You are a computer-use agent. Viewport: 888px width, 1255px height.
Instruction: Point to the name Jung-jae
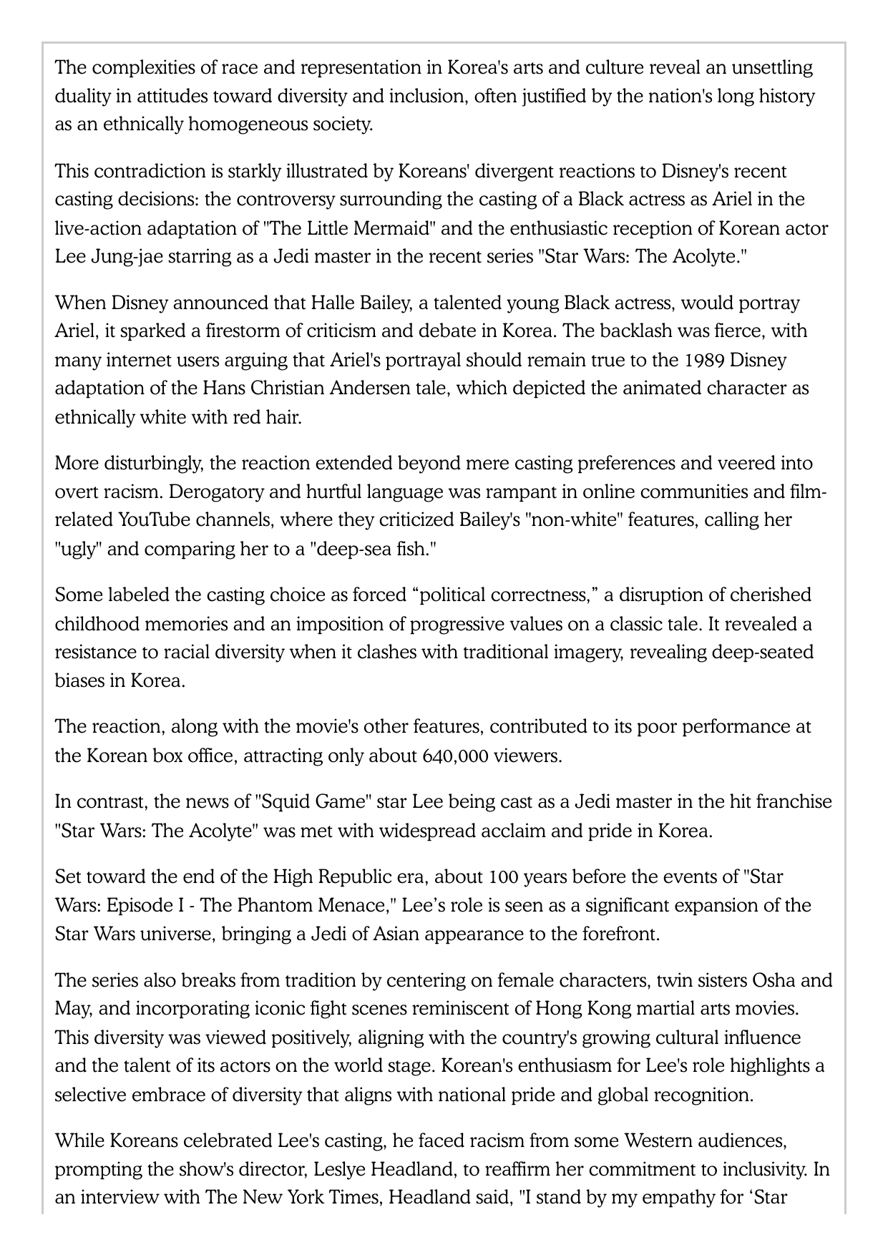coord(125,257)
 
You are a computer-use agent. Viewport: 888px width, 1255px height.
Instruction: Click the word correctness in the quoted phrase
coord(547,595)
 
